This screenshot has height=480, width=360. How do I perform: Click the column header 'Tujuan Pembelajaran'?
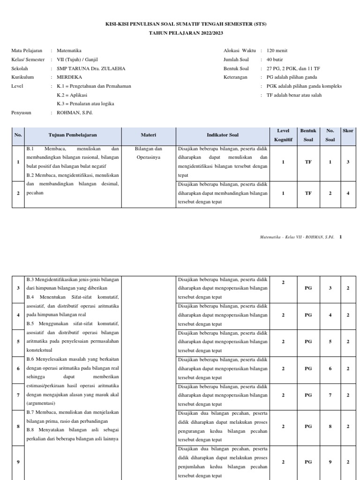click(x=73, y=135)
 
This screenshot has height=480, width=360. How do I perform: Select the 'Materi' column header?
click(x=149, y=135)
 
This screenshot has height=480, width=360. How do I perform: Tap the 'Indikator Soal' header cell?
click(x=223, y=135)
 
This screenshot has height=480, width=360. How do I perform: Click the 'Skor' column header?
click(x=348, y=131)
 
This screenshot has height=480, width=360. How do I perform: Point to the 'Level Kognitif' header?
click(x=284, y=135)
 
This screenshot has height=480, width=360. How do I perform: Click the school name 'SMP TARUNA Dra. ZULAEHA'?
click(x=91, y=68)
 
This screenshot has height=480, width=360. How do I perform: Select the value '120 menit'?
click(x=277, y=51)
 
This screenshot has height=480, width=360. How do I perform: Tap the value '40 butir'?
click(x=275, y=60)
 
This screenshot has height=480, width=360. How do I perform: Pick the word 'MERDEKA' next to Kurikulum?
click(x=69, y=77)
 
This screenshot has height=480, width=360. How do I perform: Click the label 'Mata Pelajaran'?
click(x=27, y=51)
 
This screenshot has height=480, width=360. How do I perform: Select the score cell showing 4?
click(x=348, y=193)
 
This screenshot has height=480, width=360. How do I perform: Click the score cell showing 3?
click(x=348, y=162)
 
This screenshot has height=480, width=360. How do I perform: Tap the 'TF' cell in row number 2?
click(x=308, y=193)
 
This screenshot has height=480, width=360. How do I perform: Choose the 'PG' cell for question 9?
click(x=308, y=462)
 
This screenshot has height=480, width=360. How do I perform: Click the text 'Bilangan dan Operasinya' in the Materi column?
click(x=149, y=153)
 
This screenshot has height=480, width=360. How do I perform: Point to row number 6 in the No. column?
click(x=18, y=368)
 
